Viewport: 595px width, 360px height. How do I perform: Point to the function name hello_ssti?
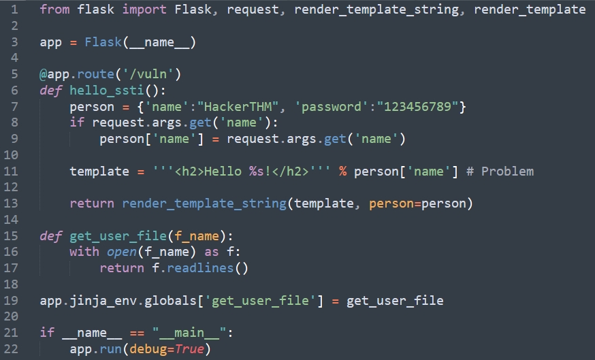(x=106, y=91)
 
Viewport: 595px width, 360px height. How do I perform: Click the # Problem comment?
(x=500, y=171)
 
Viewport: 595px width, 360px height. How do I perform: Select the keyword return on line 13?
(x=92, y=203)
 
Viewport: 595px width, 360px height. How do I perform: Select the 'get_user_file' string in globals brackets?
(x=263, y=300)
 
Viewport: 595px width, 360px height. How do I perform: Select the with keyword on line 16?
(x=84, y=252)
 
